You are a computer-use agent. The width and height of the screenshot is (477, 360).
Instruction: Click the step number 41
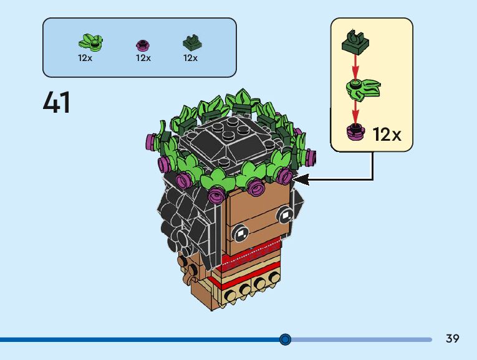point(57,103)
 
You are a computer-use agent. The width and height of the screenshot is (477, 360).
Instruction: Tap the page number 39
point(453,339)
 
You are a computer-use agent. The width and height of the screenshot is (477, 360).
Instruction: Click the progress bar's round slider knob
point(286,339)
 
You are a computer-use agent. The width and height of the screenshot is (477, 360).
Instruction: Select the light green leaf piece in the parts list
point(90,42)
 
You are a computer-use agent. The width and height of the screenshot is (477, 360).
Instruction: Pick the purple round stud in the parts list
point(143,45)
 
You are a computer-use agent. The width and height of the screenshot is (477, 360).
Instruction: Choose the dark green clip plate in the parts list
point(190,43)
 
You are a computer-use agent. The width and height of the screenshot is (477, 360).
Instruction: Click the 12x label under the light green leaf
point(85,58)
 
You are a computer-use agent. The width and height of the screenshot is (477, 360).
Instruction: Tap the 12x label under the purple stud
point(143,58)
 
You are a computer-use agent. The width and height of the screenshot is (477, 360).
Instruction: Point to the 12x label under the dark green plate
point(190,58)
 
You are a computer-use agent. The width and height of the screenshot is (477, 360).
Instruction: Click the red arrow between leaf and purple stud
point(356,111)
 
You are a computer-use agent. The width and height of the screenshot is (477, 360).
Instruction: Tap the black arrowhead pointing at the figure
point(300,180)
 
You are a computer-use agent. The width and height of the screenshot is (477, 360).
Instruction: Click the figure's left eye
point(239,235)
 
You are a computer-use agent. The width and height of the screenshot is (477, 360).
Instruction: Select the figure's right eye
point(286,216)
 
